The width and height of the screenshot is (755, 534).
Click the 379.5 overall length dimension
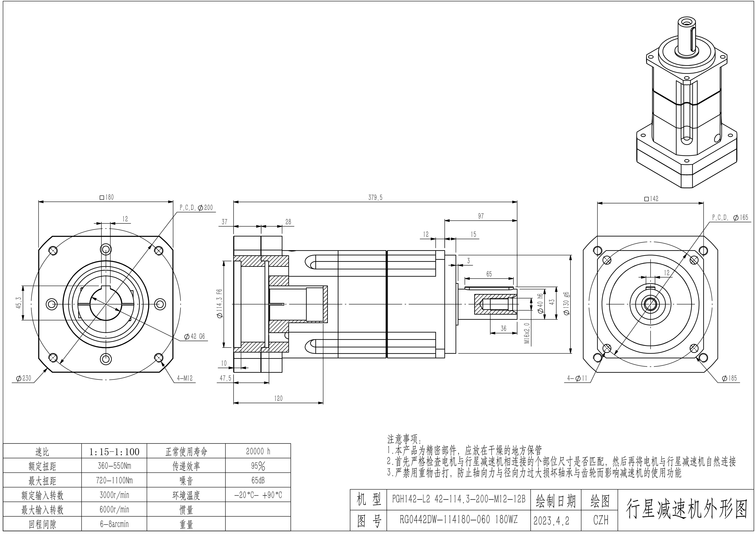[x=375, y=198]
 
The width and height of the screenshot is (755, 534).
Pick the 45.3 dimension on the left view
[x=19, y=302]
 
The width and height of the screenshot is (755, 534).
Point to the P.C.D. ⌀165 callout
[x=730, y=217]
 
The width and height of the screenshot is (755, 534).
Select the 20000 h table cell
[x=258, y=451]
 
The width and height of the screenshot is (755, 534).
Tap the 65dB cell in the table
[x=258, y=480]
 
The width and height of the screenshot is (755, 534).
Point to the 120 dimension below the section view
[x=278, y=398]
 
